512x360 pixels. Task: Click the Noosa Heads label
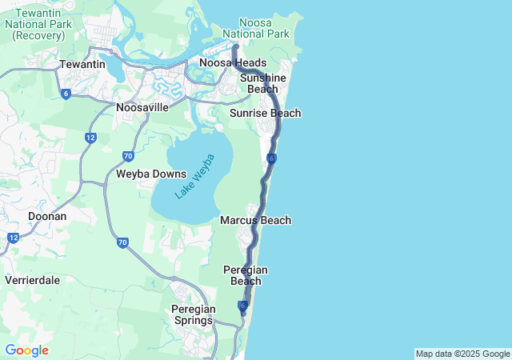tap(233, 63)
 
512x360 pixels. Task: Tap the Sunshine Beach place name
tap(262, 83)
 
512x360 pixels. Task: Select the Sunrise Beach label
tap(265, 114)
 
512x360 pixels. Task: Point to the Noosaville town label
tap(142, 106)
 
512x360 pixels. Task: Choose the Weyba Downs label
tap(151, 174)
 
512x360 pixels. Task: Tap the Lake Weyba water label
tap(195, 177)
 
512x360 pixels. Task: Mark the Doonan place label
tap(47, 216)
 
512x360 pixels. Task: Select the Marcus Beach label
tap(255, 220)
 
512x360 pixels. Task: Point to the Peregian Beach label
tap(246, 275)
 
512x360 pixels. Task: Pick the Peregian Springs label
tap(192, 314)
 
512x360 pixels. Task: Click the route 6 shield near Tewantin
tap(66, 94)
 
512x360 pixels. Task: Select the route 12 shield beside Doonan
tap(13, 238)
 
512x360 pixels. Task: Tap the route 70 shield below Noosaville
tap(128, 156)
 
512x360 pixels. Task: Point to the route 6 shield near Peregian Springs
tap(242, 306)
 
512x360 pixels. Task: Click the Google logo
tap(26, 350)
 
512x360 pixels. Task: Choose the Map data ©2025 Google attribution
tap(462, 354)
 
